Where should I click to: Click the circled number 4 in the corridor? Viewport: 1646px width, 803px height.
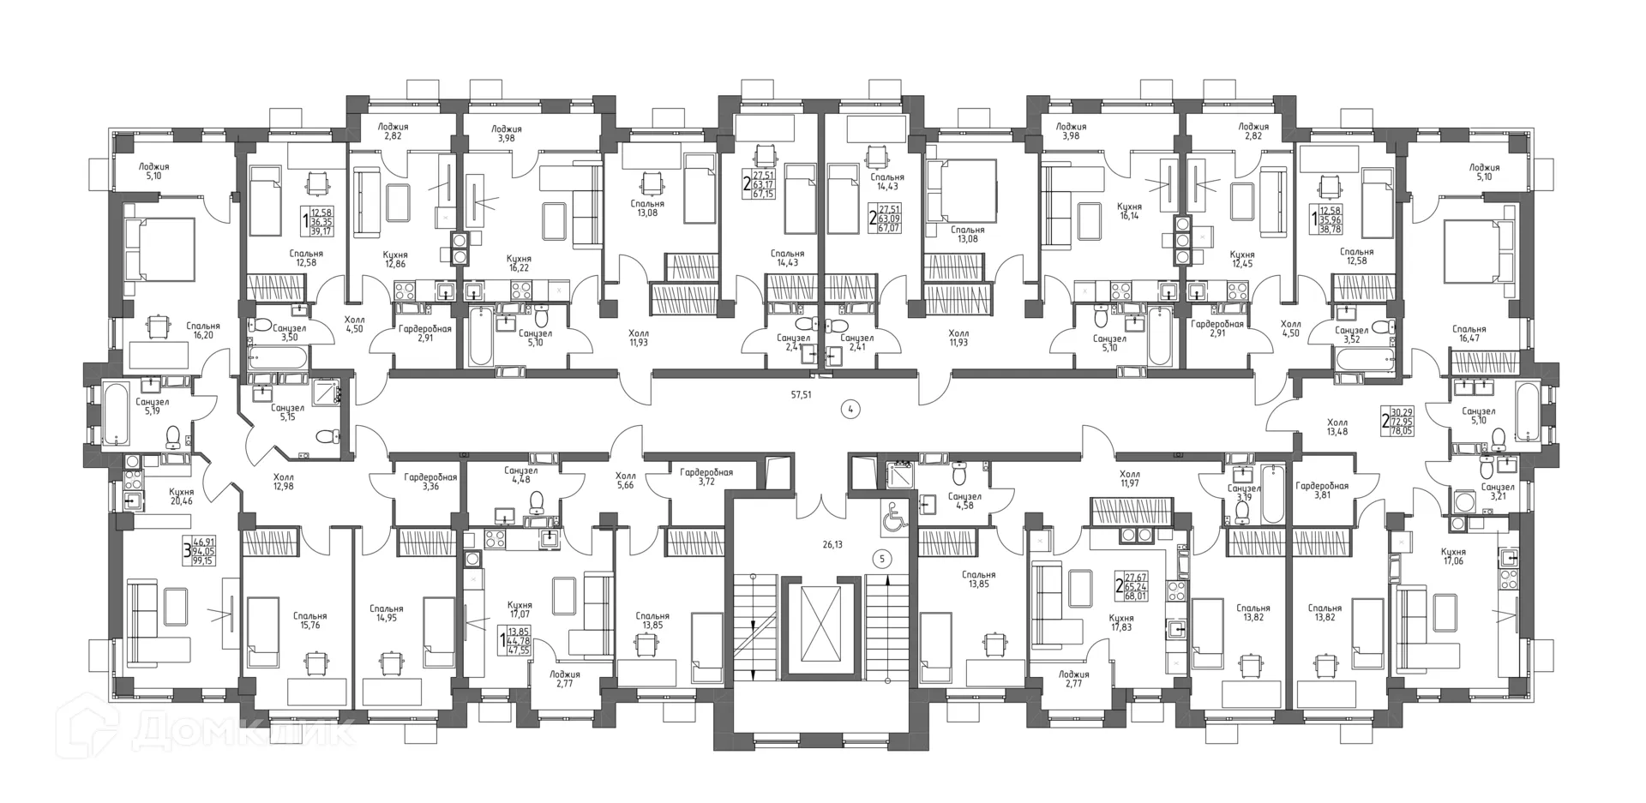(x=850, y=410)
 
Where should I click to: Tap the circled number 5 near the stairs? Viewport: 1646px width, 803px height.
(x=885, y=559)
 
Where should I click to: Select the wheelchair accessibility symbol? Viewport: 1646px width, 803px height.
(x=892, y=516)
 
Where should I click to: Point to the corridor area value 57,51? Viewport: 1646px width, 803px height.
(x=802, y=395)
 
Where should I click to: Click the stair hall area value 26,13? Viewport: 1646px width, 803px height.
(x=832, y=544)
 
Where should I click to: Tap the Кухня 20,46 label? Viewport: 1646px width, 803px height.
(x=181, y=496)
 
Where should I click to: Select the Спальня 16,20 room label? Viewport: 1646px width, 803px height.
(x=202, y=331)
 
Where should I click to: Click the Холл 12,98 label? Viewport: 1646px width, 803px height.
(x=283, y=482)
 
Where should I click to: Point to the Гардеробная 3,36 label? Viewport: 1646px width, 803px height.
(x=430, y=482)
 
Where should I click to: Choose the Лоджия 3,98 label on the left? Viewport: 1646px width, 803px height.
(x=506, y=135)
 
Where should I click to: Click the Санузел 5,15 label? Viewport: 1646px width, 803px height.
(x=287, y=412)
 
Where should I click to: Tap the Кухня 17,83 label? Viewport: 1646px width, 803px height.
(x=1120, y=622)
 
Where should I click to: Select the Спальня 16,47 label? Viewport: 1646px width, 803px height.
(x=1469, y=333)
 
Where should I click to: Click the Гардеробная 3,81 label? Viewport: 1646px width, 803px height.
(x=1321, y=489)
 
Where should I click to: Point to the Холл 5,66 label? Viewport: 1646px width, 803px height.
(x=625, y=481)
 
